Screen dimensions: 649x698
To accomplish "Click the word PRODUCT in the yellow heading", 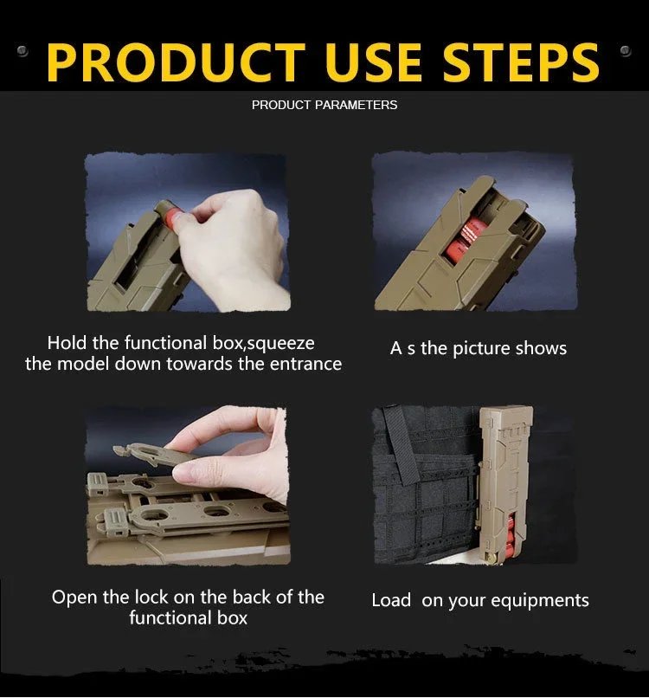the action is click(x=176, y=61).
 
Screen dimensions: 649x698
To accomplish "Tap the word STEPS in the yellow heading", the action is click(x=521, y=61).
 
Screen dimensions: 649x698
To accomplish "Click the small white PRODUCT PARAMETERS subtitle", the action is click(x=324, y=105).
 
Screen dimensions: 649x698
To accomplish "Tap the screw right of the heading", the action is click(x=625, y=51).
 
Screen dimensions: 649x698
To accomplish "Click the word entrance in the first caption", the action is click(x=306, y=364).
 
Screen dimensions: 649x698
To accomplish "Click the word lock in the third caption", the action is click(x=152, y=597).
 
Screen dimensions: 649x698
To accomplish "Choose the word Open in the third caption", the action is click(x=74, y=598).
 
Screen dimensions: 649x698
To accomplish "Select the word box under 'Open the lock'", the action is click(x=232, y=618).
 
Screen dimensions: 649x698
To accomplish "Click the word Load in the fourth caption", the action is click(x=391, y=600).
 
